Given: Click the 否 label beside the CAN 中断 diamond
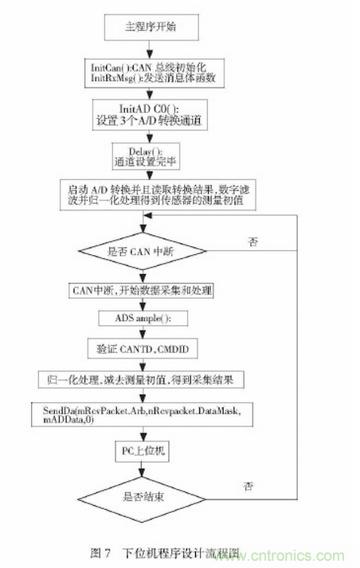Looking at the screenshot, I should click(x=253, y=239).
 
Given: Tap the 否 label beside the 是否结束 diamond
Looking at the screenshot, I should click(x=252, y=484).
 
